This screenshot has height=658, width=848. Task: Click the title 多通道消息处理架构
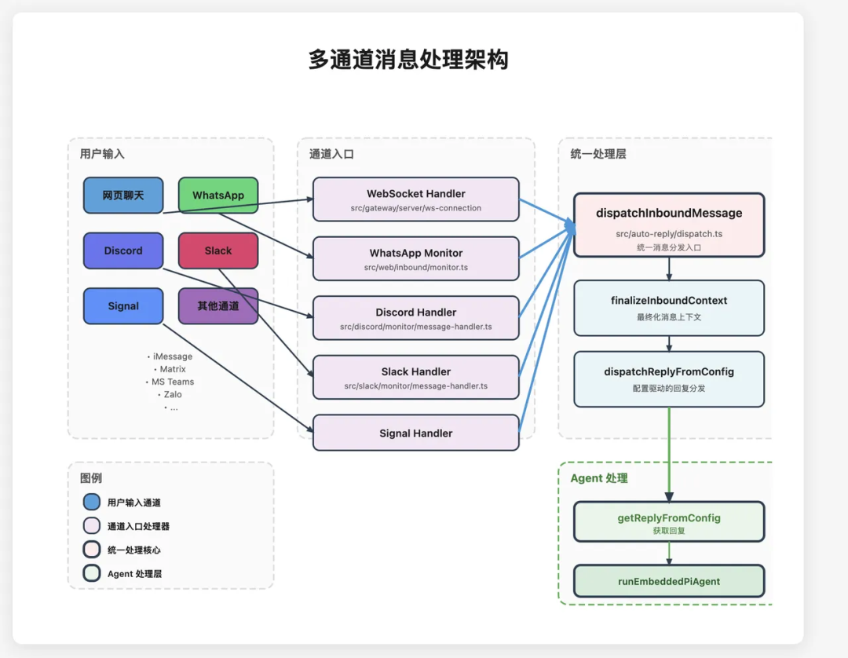pyautogui.click(x=408, y=60)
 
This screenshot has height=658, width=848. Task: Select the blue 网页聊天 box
pyautogui.click(x=123, y=196)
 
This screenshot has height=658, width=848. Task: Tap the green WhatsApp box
pyautogui.click(x=218, y=196)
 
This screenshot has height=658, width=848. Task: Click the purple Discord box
pyautogui.click(x=123, y=250)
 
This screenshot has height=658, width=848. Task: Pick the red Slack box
pyautogui.click(x=218, y=250)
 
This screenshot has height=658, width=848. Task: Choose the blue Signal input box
pyautogui.click(x=123, y=306)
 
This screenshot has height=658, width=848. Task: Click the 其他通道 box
pyautogui.click(x=218, y=306)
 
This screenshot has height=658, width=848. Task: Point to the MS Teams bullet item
pyautogui.click(x=173, y=382)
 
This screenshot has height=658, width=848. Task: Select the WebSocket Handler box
pyautogui.click(x=415, y=199)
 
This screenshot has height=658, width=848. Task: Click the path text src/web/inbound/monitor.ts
pyautogui.click(x=415, y=268)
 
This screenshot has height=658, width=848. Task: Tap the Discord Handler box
pyautogui.click(x=415, y=318)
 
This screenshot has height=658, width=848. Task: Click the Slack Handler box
pyautogui.click(x=415, y=378)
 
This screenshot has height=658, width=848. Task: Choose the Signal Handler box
pyautogui.click(x=415, y=433)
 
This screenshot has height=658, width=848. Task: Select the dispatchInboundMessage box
pyautogui.click(x=668, y=225)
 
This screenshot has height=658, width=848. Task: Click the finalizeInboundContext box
pyautogui.click(x=668, y=308)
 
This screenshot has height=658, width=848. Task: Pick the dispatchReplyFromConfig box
pyautogui.click(x=668, y=378)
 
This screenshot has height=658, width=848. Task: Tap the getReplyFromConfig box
pyautogui.click(x=668, y=522)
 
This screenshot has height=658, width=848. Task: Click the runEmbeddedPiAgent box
pyautogui.click(x=668, y=581)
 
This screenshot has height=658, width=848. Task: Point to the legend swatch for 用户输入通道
pyautogui.click(x=92, y=503)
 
